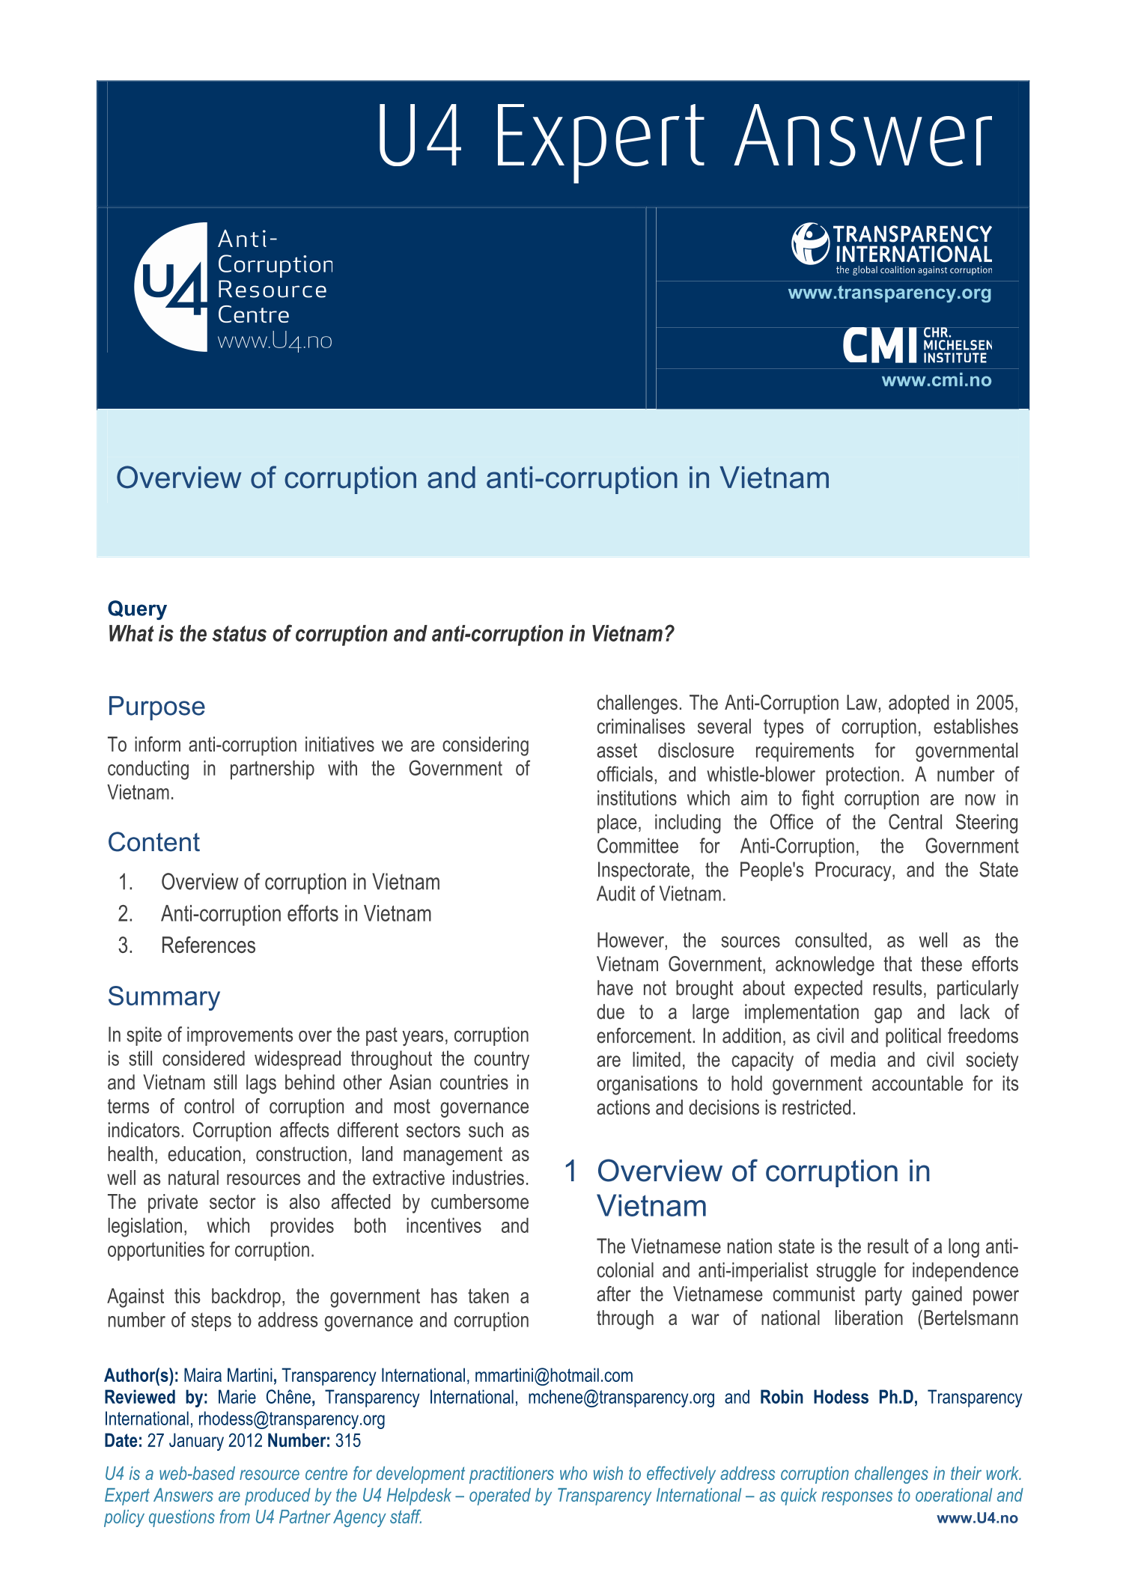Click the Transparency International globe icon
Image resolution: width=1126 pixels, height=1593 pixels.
(809, 244)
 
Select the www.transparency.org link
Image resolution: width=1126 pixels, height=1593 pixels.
(889, 293)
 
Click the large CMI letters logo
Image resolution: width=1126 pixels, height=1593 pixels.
(880, 346)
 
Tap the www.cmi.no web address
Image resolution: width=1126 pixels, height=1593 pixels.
(936, 380)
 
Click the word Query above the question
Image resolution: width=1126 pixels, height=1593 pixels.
(137, 609)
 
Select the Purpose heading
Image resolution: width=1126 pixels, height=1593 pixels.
(156, 706)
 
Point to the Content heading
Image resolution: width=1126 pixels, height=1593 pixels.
(153, 842)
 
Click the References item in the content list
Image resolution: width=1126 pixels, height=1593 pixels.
(208, 945)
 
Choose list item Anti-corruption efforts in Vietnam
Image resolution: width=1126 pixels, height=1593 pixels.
(296, 914)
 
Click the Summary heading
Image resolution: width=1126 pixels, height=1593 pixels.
(163, 996)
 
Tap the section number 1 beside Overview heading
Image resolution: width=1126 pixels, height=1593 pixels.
(570, 1171)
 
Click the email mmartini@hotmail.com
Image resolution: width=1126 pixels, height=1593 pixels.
(553, 1376)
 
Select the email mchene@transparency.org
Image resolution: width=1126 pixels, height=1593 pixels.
(621, 1398)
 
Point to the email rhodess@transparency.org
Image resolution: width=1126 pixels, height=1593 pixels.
(291, 1419)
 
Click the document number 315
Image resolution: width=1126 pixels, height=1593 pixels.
(348, 1441)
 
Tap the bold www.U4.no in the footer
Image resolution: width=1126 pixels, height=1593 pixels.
(977, 1517)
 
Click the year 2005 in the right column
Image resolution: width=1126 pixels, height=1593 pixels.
(996, 703)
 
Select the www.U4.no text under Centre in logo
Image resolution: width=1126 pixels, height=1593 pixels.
(274, 341)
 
